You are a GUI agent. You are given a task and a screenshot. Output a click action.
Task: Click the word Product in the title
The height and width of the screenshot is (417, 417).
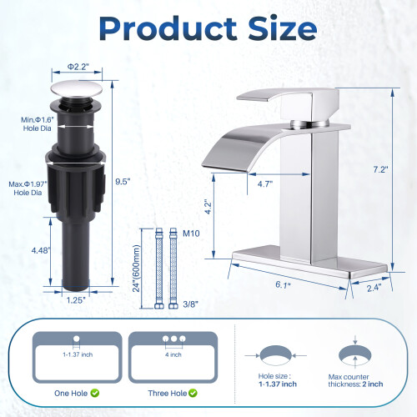pos(168,28)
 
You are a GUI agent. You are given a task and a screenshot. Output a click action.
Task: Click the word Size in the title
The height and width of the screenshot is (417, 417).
pos(283,28)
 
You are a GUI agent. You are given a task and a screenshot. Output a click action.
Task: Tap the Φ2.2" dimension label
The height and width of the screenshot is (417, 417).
pos(78,67)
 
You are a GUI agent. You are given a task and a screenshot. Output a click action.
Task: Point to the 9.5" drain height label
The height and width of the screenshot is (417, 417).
pos(123,182)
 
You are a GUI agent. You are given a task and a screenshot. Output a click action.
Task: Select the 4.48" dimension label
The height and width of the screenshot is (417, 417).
pos(41,250)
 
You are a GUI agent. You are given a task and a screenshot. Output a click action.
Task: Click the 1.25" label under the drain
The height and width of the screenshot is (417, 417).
pos(76,300)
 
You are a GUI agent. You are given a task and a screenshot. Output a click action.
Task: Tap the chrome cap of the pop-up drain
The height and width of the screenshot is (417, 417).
pos(77,89)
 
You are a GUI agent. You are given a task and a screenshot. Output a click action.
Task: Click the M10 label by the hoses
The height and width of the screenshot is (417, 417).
pos(191,234)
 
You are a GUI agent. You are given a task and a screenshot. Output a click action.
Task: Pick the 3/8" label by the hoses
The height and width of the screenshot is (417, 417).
pos(190,304)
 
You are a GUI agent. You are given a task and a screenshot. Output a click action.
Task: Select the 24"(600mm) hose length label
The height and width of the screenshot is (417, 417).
pos(136,269)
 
